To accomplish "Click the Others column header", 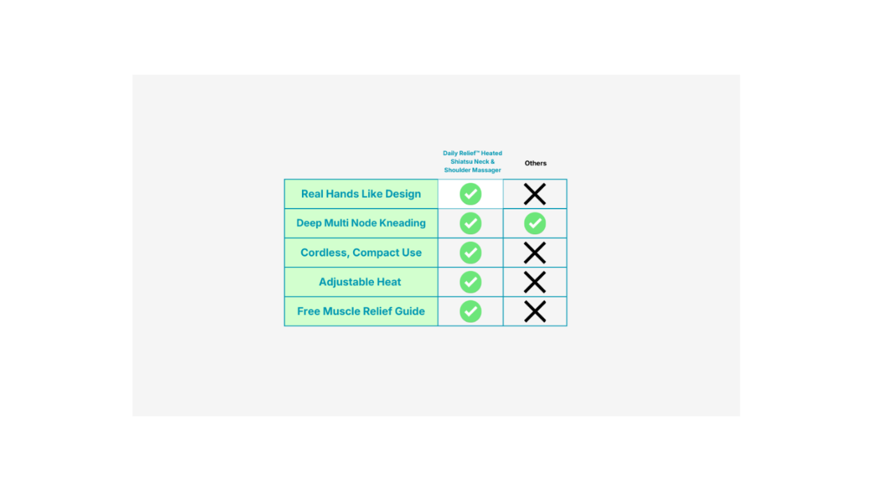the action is pyautogui.click(x=536, y=163).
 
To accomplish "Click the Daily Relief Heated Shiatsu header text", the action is pyautogui.click(x=472, y=161).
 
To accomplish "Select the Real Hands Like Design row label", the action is pyautogui.click(x=361, y=194).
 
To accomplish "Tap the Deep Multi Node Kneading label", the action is pyautogui.click(x=361, y=223).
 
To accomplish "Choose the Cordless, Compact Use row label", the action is pyautogui.click(x=361, y=253).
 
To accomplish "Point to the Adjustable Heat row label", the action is pyautogui.click(x=359, y=282).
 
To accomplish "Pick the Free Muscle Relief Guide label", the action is pyautogui.click(x=361, y=311).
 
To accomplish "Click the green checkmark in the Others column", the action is pyautogui.click(x=535, y=223).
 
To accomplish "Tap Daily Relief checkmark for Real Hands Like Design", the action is pyautogui.click(x=470, y=194).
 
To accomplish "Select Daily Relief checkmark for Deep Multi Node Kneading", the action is pyautogui.click(x=470, y=223).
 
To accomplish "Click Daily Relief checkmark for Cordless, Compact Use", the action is pyautogui.click(x=470, y=253).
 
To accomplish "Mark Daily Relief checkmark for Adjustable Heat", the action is pyautogui.click(x=470, y=282).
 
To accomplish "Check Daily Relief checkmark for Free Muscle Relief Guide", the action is pyautogui.click(x=470, y=311).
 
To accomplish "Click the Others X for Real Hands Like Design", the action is pyautogui.click(x=535, y=194).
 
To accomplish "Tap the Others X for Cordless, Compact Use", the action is pyautogui.click(x=535, y=253).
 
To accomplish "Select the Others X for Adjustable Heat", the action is pyautogui.click(x=535, y=282).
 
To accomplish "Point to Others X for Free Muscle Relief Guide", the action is pyautogui.click(x=535, y=311).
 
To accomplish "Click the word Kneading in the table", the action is pyautogui.click(x=402, y=223).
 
